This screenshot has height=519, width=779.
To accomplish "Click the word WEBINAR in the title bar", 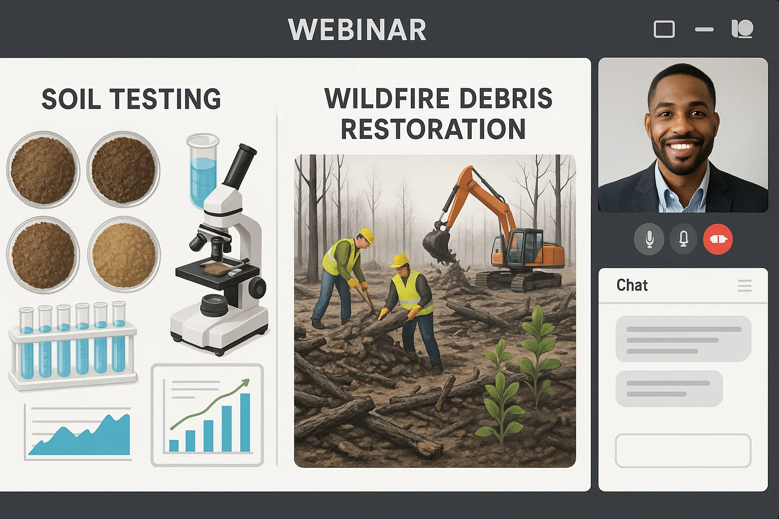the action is tap(357, 30).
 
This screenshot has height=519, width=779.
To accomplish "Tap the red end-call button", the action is tap(718, 239).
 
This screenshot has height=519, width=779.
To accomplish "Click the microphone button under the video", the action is tap(649, 239).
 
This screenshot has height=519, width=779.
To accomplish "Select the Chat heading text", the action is tap(632, 285).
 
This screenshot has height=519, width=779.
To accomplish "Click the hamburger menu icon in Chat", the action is tap(745, 286).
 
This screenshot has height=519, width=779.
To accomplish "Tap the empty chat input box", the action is tap(683, 451).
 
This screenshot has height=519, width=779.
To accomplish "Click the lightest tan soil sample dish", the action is tap(124, 255).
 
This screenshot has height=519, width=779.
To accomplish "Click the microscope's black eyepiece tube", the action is tap(239, 167).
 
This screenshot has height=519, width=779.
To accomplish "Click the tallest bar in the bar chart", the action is tap(245, 422).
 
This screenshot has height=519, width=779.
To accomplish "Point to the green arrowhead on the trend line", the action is tap(245, 382).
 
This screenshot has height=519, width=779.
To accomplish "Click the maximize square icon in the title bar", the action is tap(664, 29).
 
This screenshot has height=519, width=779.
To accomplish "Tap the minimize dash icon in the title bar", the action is tap(704, 30).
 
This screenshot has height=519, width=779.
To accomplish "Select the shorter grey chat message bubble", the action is tap(669, 389).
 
